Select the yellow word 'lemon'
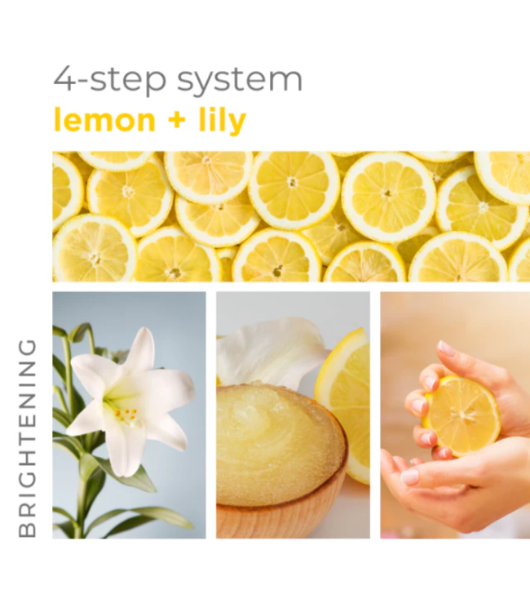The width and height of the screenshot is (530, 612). pyautogui.click(x=104, y=120)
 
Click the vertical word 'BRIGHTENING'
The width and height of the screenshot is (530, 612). pyautogui.click(x=28, y=437)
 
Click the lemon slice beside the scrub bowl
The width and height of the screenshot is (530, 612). pyautogui.click(x=347, y=392)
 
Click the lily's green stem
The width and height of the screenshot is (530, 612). pyautogui.click(x=80, y=490)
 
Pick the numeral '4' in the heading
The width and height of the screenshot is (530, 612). pyautogui.click(x=63, y=80)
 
